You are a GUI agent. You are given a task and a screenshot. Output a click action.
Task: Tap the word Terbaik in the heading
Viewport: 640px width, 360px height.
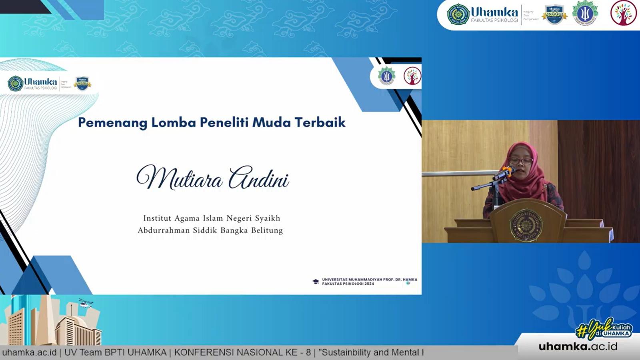point(320,122)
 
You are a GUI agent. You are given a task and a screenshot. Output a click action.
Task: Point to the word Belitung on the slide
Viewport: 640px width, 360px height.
point(267,230)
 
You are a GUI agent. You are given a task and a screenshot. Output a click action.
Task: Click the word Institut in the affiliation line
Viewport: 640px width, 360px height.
point(157,218)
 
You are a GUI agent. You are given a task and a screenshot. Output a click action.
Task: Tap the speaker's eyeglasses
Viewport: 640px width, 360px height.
point(521,161)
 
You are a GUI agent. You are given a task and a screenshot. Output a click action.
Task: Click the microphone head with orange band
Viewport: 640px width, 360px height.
point(508,171)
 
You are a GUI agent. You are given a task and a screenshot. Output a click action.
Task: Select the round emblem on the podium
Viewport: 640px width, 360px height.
point(526,225)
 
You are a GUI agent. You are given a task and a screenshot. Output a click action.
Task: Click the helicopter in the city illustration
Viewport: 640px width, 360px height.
point(86,304)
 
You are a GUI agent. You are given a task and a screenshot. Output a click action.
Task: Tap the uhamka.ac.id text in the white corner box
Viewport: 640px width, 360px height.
point(578,346)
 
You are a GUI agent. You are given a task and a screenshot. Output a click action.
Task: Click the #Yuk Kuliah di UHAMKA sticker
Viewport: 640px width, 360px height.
point(604,329)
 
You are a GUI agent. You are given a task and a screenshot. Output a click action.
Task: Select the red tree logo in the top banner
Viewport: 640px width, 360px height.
point(623,13)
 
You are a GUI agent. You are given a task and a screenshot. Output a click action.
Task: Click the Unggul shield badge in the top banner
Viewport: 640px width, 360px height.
point(554,14)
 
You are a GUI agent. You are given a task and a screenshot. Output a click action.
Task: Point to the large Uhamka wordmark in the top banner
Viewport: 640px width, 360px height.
point(494,12)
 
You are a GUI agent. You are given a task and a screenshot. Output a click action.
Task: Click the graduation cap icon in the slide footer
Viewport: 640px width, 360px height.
point(316,282)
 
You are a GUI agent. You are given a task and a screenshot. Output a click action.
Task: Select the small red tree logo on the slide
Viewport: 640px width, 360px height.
point(412,76)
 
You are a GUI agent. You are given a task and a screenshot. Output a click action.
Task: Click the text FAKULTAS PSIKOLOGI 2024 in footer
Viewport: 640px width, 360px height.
point(348,284)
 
